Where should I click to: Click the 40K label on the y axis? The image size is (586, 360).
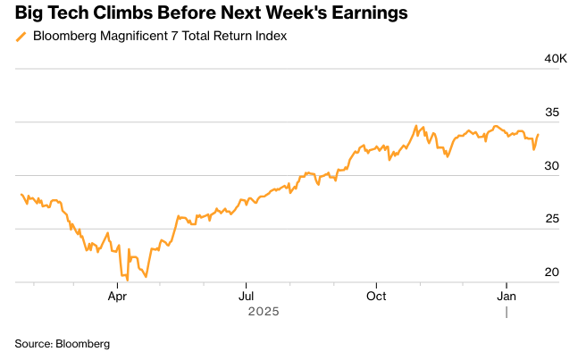tap(556, 59)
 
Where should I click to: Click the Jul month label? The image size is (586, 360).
tap(247, 296)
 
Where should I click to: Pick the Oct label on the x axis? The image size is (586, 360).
tap(376, 296)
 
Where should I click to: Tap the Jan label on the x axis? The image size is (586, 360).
tap(506, 296)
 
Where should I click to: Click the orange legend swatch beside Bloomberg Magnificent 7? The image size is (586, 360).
tap(21, 37)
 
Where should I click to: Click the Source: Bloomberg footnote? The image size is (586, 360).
tap(62, 343)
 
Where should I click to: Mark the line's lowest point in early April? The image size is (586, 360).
tap(127, 280)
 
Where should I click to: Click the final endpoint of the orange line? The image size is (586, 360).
tap(538, 135)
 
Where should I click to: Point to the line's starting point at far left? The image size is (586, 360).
tap(20, 194)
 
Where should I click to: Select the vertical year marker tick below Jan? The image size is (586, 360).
tap(506, 312)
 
